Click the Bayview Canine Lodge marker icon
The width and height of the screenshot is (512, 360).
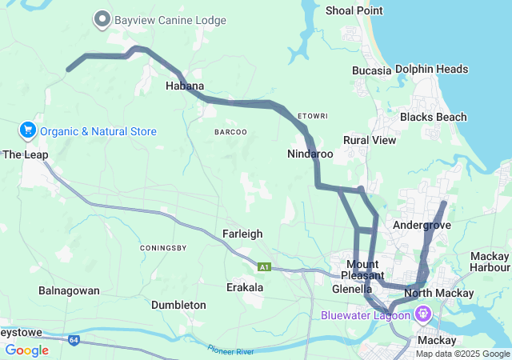[102, 18]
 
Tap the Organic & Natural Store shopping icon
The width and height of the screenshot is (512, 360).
[27, 130]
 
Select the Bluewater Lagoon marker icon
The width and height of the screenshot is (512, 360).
[422, 314]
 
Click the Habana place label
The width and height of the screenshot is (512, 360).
[185, 86]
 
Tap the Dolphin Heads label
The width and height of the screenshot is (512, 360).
[431, 69]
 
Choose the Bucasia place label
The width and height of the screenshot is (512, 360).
[371, 70]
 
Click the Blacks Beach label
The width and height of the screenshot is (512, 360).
[433, 117]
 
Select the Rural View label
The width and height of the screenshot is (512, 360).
[369, 140]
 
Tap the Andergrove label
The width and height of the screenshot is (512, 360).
[422, 226]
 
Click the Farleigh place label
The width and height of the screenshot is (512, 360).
[242, 234]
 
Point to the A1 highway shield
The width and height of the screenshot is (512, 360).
[263, 266]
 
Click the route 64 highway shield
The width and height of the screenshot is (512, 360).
[74, 340]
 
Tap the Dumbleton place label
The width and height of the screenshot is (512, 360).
[178, 305]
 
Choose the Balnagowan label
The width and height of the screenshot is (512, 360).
[69, 290]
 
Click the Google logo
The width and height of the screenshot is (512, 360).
[26, 350]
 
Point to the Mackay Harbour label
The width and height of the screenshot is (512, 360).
[490, 261]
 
